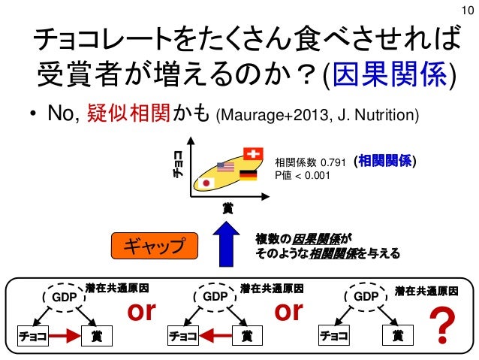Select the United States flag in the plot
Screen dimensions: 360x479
225,167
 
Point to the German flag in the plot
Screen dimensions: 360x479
248,175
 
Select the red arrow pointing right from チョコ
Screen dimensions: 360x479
66,336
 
